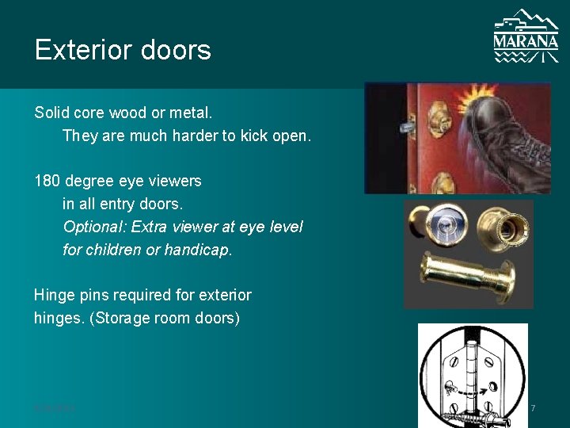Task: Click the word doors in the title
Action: tap(179, 50)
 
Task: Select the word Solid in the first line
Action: tap(52, 113)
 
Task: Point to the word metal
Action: tap(192, 113)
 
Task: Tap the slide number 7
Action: tap(533, 407)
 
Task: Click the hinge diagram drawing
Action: tap(473, 372)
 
